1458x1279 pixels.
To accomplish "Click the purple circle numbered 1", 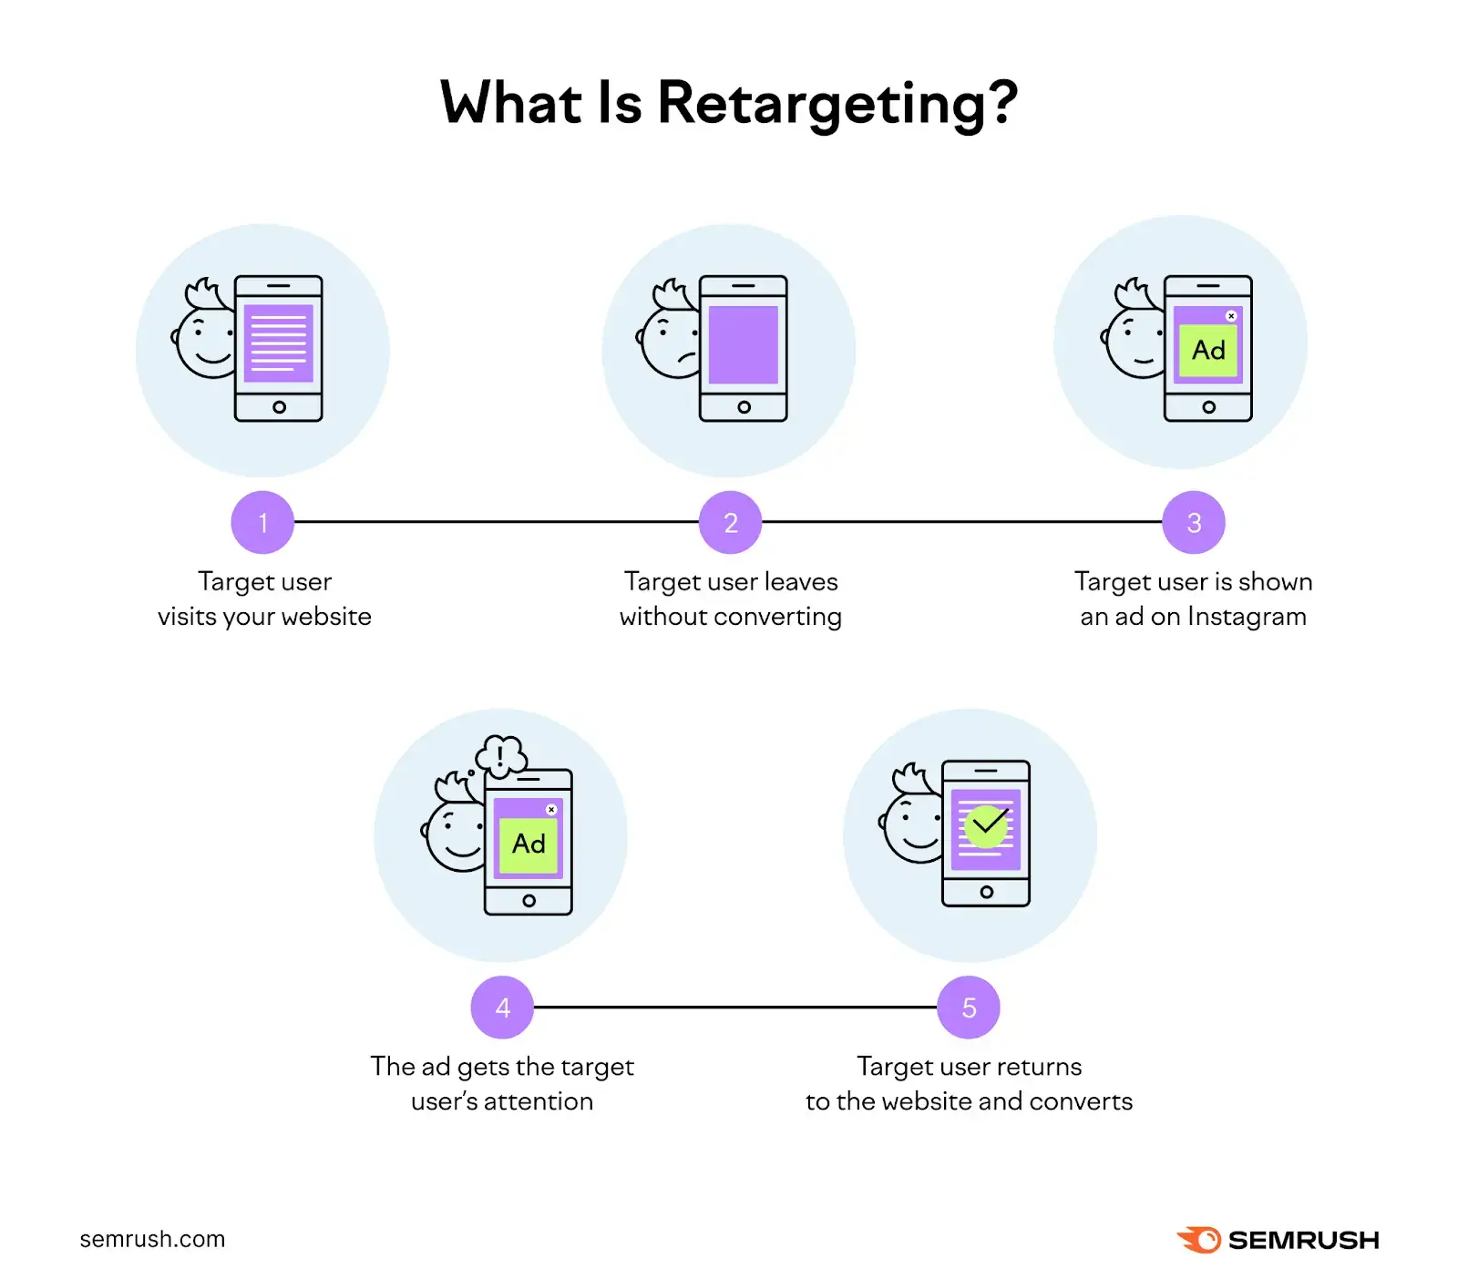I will tap(262, 522).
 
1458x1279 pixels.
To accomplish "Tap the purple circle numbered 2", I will tap(730, 522).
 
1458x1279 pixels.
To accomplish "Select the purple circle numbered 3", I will tap(1194, 522).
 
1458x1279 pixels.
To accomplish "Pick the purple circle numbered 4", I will tap(502, 1007).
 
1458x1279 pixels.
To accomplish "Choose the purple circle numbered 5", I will tap(969, 1007).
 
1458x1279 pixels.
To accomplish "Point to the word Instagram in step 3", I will tap(1247, 617).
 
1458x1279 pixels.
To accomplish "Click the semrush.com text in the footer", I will tap(152, 1239).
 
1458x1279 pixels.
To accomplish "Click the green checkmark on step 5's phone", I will tap(986, 826).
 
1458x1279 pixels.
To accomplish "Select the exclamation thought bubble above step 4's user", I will tap(501, 755).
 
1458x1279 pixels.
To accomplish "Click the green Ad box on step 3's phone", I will tap(1208, 351).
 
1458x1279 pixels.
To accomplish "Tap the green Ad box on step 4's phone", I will tap(529, 844).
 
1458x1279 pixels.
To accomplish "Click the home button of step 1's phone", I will tap(279, 407).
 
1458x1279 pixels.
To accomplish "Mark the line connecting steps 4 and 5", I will tap(735, 1007).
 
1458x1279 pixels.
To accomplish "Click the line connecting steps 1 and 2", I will tap(497, 522).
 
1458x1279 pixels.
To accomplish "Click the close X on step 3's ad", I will tap(1231, 316).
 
